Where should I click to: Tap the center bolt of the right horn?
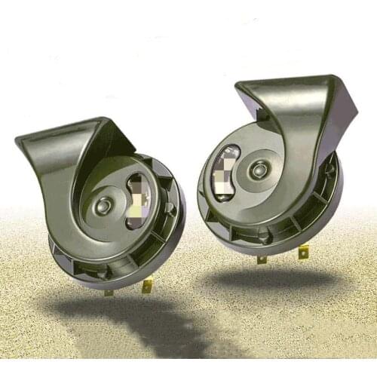(259, 169)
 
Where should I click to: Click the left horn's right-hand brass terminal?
(148, 285)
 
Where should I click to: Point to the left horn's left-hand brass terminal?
(109, 291)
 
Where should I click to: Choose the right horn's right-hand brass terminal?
(303, 251)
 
